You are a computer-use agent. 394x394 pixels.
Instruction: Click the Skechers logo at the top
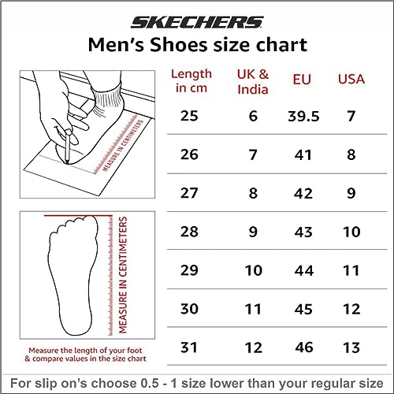[x=197, y=22]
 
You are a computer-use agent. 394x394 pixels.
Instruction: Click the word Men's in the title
[x=116, y=45]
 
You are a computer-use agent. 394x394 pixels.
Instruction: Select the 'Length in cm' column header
[x=191, y=80]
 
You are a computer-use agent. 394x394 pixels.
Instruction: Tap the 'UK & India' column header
[x=253, y=82]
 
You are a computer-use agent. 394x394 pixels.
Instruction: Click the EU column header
[x=302, y=80]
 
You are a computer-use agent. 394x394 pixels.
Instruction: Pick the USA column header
[x=351, y=80]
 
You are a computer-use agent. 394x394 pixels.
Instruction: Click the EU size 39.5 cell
[x=303, y=116]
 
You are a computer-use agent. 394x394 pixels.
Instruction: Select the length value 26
[x=189, y=154]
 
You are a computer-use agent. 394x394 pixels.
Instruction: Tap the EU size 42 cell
[x=303, y=193]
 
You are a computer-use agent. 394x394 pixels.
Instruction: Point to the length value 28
[x=189, y=232]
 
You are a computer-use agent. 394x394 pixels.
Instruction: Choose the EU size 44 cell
[x=304, y=270]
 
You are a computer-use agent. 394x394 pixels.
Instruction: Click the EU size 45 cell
[x=303, y=309]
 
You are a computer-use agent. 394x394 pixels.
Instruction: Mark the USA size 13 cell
[x=351, y=348]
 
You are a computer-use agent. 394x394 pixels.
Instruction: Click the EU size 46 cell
[x=304, y=348]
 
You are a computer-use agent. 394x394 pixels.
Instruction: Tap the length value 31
[x=188, y=348]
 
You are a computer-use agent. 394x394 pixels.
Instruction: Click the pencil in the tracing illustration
[x=68, y=147]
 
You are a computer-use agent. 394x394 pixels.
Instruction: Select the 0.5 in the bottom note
[x=150, y=383]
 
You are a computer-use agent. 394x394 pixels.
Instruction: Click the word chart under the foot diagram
[x=137, y=359]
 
